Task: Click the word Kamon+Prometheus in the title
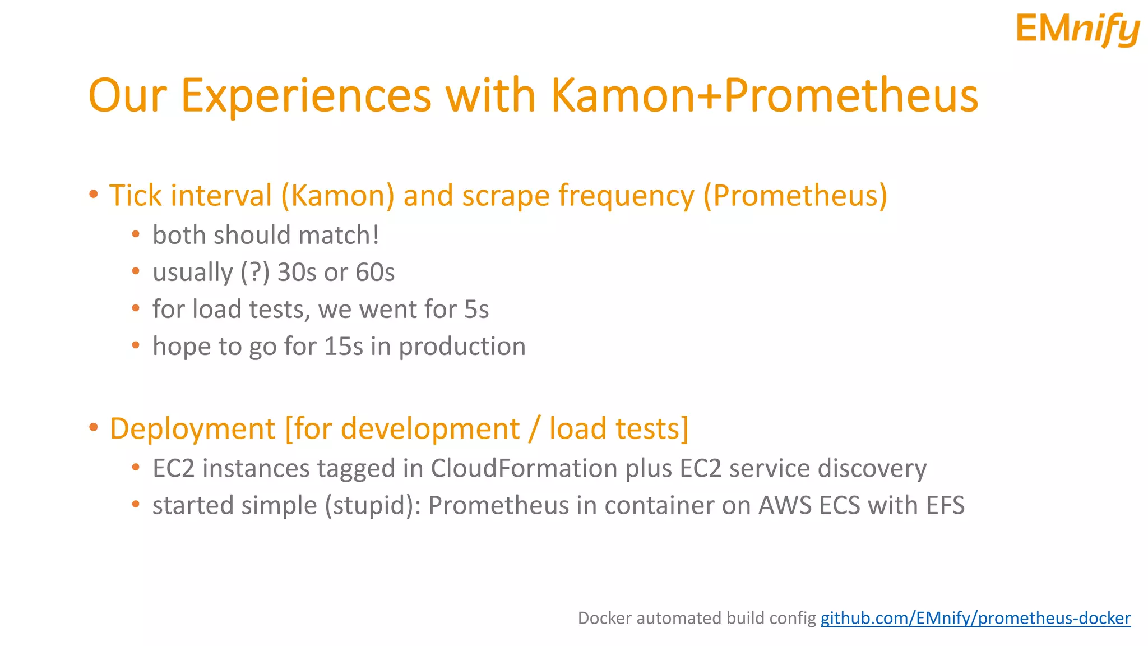click(x=764, y=95)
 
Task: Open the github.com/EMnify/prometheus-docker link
click(x=975, y=618)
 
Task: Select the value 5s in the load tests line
click(x=476, y=310)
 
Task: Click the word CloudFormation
click(x=524, y=468)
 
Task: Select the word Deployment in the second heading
click(x=192, y=429)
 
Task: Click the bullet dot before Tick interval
click(x=94, y=195)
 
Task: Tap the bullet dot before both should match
click(x=136, y=234)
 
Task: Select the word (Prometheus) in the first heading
click(x=795, y=196)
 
